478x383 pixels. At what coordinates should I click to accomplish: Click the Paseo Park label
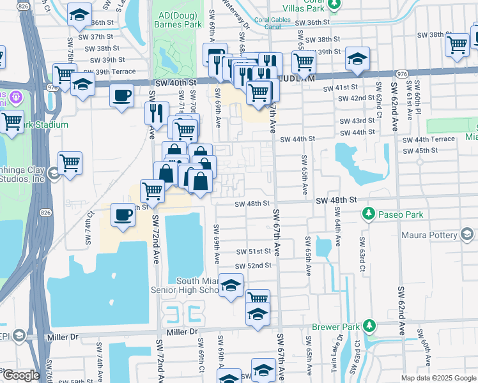(401, 214)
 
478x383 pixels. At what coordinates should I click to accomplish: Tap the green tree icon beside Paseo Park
(369, 213)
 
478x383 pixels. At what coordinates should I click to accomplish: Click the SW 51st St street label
(254, 252)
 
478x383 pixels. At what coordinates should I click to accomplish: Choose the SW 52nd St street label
(253, 266)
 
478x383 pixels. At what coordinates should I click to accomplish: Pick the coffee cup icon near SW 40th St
(121, 96)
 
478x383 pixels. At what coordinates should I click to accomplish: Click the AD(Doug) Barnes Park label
(176, 19)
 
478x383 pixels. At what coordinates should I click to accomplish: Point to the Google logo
(20, 375)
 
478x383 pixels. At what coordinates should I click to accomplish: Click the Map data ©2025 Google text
(438, 378)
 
